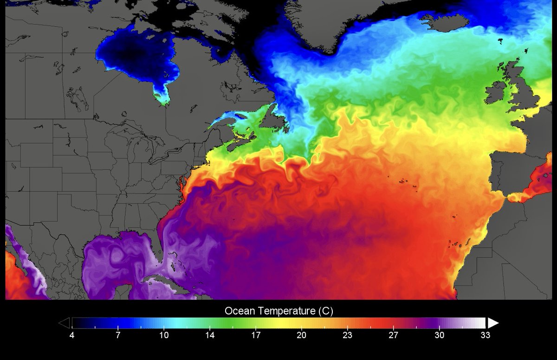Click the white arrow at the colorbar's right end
493,323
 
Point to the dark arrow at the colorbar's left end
65,323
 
